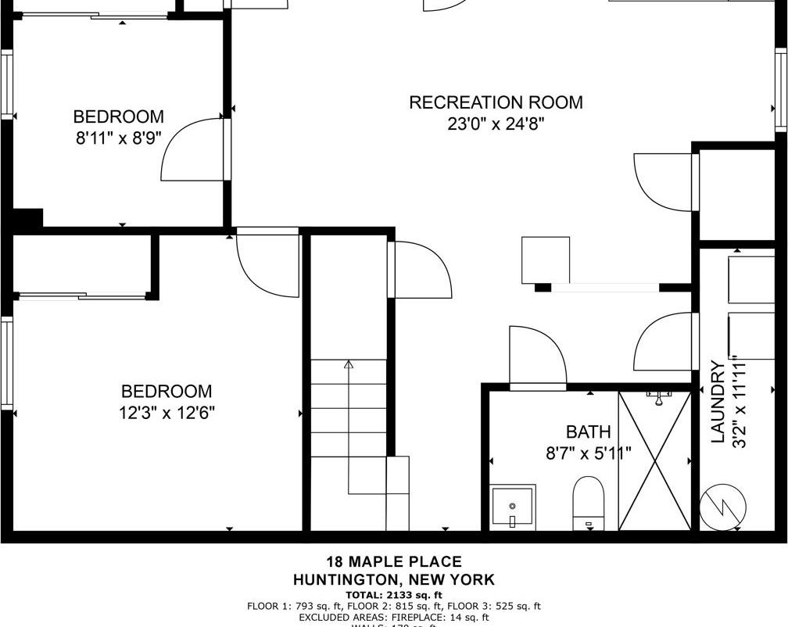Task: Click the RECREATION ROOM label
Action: [x=496, y=102]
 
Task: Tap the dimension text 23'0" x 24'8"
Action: [x=496, y=124]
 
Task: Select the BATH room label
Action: [x=588, y=432]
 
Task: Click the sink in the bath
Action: [x=513, y=506]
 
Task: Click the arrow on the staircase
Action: [x=349, y=364]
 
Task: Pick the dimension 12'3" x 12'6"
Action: [x=167, y=413]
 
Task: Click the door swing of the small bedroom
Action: [x=191, y=150]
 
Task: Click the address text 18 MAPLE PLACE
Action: [x=393, y=561]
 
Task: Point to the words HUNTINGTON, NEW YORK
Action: [x=393, y=580]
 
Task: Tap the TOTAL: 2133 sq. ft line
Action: [x=393, y=595]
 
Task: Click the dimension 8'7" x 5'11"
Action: [x=588, y=453]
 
